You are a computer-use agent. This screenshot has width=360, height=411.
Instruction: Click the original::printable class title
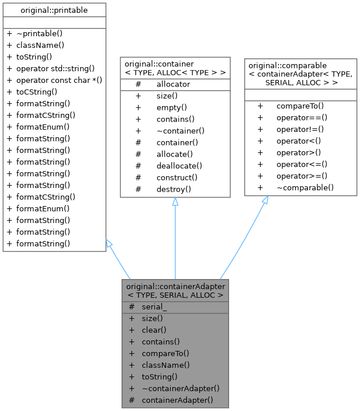54,9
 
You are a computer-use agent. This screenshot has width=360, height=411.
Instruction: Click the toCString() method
36,91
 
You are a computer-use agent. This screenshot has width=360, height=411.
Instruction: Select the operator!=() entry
299,129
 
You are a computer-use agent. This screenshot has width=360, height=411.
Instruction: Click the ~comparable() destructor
305,187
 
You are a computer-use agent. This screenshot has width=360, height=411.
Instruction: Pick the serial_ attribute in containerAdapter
154,306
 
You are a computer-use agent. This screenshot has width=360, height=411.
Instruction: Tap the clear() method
154,330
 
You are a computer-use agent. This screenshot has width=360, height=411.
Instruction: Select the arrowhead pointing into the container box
175,202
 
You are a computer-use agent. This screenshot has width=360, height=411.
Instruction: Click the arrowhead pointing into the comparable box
264,200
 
